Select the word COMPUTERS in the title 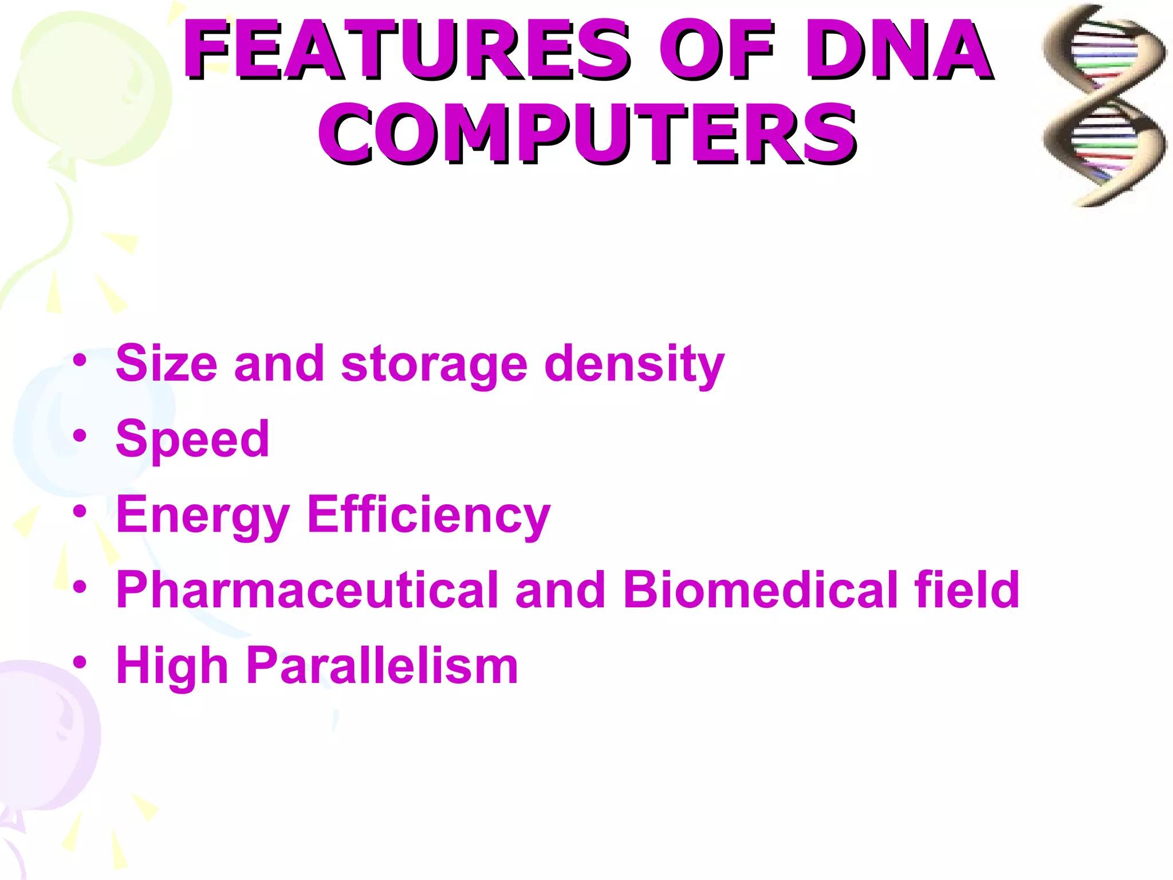pyautogui.click(x=586, y=134)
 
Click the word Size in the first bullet pyautogui.click(x=167, y=363)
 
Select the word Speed pyautogui.click(x=192, y=440)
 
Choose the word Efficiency pyautogui.click(x=428, y=514)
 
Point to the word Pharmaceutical pyautogui.click(x=307, y=590)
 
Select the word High pyautogui.click(x=172, y=666)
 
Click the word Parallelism pyautogui.click(x=382, y=665)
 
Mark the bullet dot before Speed pyautogui.click(x=80, y=436)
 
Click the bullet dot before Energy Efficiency pyautogui.click(x=80, y=511)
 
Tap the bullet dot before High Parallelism pyautogui.click(x=80, y=662)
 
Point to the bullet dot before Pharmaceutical pyautogui.click(x=80, y=587)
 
